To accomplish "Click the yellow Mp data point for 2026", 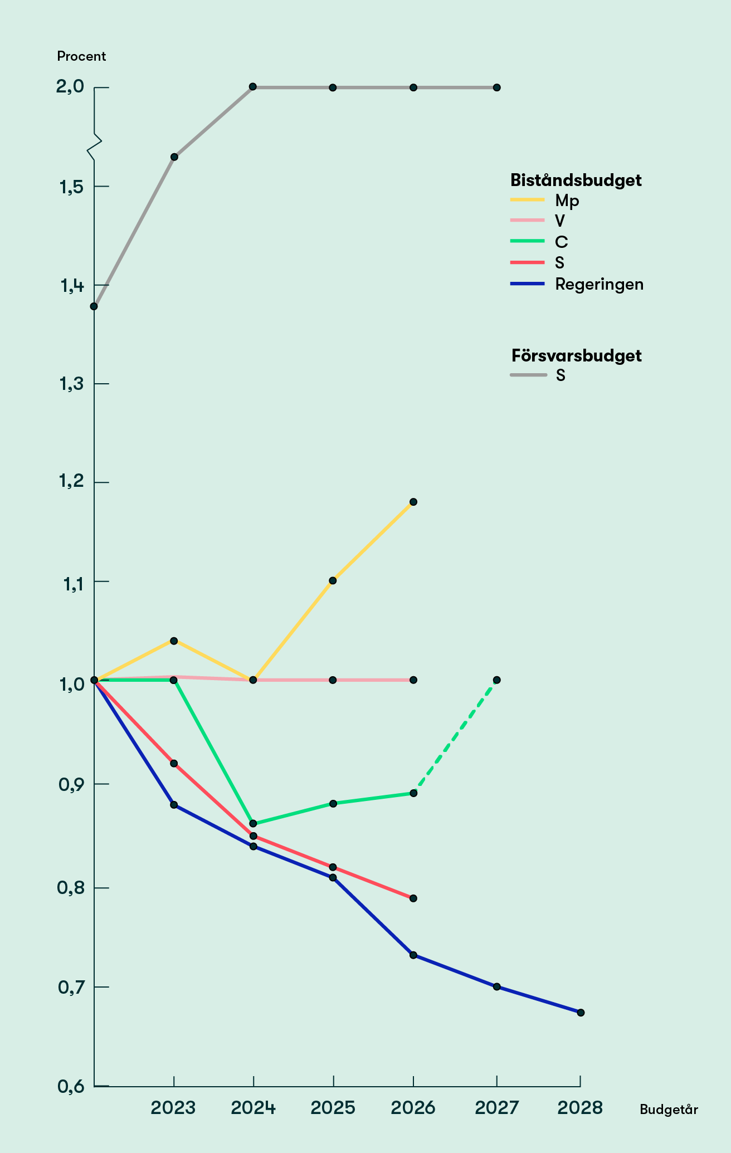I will point(413,502).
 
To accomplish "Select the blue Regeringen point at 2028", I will point(581,1013).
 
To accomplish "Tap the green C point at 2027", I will point(496,680).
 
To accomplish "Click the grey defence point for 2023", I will point(174,157).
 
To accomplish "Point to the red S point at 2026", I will point(413,898).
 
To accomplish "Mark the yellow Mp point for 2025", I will point(333,580).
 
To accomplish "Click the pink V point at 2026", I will point(413,680).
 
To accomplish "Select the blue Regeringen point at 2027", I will point(496,986).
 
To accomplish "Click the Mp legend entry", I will point(567,201).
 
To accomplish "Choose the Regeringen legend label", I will point(599,284).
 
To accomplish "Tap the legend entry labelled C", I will point(561,242).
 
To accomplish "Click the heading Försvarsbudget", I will point(576,355).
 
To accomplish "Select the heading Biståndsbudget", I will point(576,180).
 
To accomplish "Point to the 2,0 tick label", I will point(70,87).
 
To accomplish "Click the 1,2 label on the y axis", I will point(70,482).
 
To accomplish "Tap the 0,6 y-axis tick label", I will point(70,1086).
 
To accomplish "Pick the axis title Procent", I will point(81,56).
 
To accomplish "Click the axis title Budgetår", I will point(669,1109).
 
